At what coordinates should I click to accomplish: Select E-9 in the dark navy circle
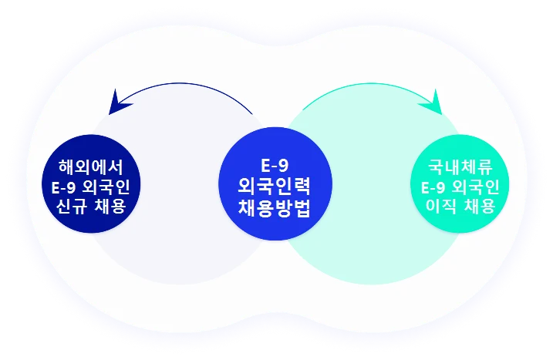pos(64,187)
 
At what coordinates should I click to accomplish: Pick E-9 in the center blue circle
pos(275,166)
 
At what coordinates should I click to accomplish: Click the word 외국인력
pos(275,187)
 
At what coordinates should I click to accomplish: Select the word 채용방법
pos(275,207)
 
